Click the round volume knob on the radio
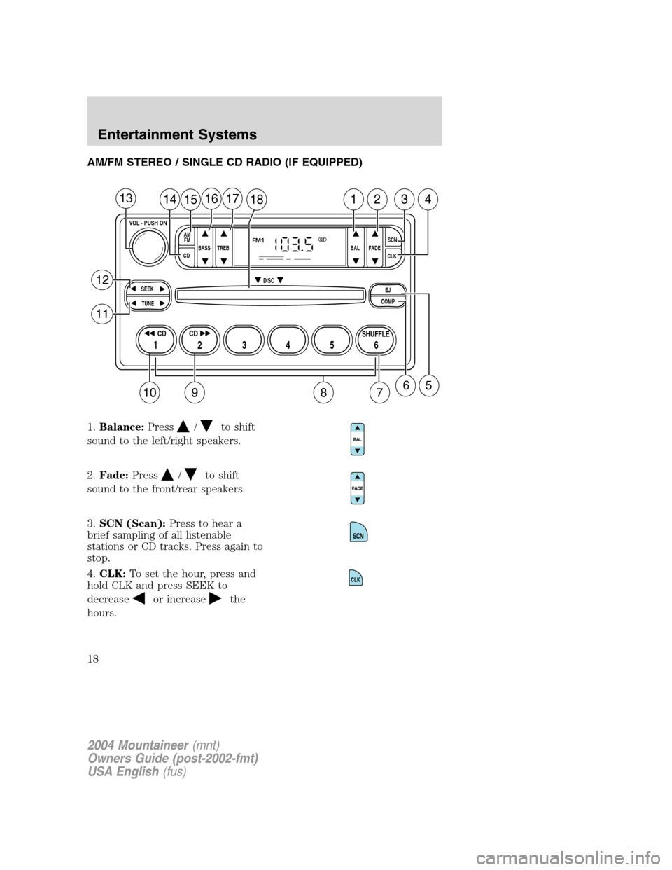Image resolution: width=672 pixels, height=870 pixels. click(148, 247)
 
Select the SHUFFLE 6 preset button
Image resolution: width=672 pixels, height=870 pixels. click(376, 340)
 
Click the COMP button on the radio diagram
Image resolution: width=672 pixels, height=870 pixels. click(388, 302)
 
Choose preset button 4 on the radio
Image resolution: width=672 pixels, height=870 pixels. click(288, 340)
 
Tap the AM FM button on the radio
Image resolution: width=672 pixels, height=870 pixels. click(187, 238)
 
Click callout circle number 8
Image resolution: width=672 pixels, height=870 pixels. click(323, 392)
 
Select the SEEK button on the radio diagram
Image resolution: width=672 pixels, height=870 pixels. click(147, 289)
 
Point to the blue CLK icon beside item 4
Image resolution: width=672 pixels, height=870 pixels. click(356, 577)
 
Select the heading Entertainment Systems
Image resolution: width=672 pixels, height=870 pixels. click(177, 135)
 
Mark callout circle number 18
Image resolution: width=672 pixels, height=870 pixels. click(256, 199)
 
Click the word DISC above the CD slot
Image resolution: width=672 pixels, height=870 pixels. click(269, 281)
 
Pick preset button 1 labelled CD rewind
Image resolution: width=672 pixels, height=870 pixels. click(155, 340)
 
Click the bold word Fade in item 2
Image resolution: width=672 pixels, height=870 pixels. click(114, 476)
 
